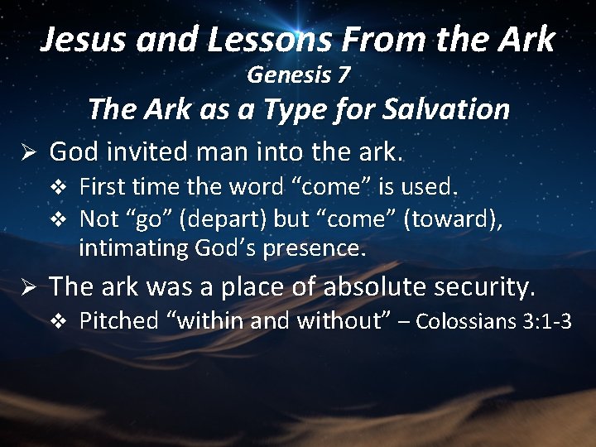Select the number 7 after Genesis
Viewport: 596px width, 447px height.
(x=344, y=75)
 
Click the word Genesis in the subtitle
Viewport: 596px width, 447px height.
(x=289, y=76)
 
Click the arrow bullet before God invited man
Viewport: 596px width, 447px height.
(x=25, y=151)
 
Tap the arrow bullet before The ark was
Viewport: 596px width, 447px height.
(x=25, y=286)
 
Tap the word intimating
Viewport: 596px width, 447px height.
(x=132, y=247)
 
